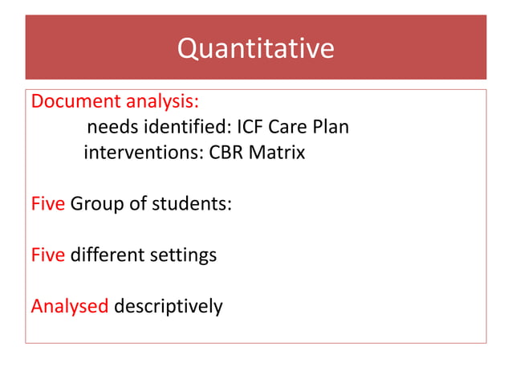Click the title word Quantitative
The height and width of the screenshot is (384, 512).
coord(255,49)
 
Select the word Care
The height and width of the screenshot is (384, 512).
coord(292,127)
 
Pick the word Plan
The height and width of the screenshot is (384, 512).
coord(332,127)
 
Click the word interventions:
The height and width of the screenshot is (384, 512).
coord(144,152)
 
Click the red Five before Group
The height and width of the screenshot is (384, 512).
coord(47,203)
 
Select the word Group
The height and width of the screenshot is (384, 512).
coord(97,203)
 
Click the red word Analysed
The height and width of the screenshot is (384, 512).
coord(69,306)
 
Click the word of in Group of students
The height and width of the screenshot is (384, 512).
coord(138,203)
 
